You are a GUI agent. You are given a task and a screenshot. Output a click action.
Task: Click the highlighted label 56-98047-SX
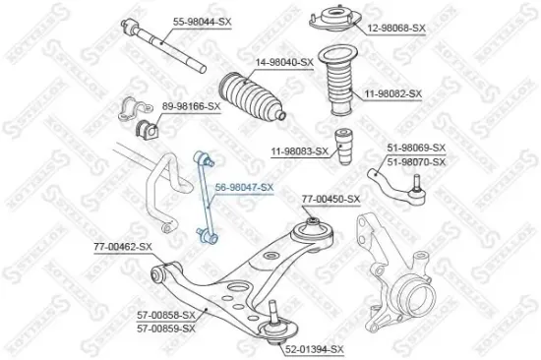click(245, 186)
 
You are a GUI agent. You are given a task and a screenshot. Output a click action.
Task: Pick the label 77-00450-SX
click(331, 199)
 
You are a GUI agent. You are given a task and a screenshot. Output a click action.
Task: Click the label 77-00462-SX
click(124, 246)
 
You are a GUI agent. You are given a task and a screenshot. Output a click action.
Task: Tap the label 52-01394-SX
click(314, 349)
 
